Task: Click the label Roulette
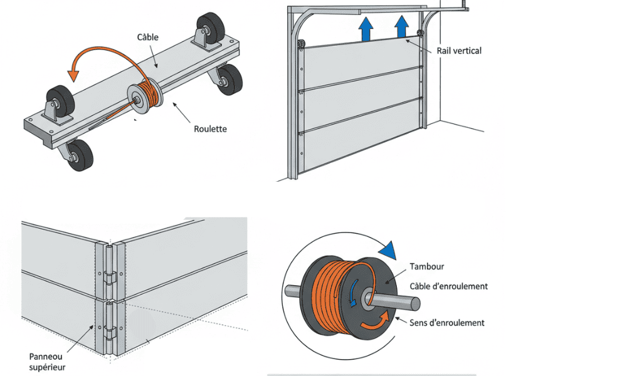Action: pyautogui.click(x=210, y=129)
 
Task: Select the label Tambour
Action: pyautogui.click(x=426, y=266)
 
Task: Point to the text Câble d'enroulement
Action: pyautogui.click(x=448, y=286)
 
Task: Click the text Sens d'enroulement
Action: pyautogui.click(x=446, y=323)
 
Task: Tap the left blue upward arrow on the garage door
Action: pyautogui.click(x=366, y=30)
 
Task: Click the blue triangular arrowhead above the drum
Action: pyautogui.click(x=388, y=250)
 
